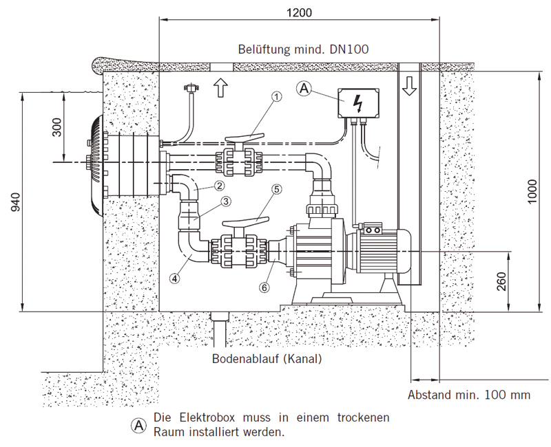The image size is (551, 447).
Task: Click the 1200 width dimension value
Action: coord(298,13)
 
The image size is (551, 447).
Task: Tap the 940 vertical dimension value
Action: coord(16,201)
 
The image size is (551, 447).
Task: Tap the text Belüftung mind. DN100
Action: coord(303,50)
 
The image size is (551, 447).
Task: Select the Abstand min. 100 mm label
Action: coord(470,395)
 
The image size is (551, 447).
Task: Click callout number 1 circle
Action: coord(277,97)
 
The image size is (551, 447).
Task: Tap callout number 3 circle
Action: coord(226,201)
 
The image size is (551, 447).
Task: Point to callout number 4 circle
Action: coord(175,279)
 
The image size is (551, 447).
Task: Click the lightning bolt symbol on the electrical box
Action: coord(357,103)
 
